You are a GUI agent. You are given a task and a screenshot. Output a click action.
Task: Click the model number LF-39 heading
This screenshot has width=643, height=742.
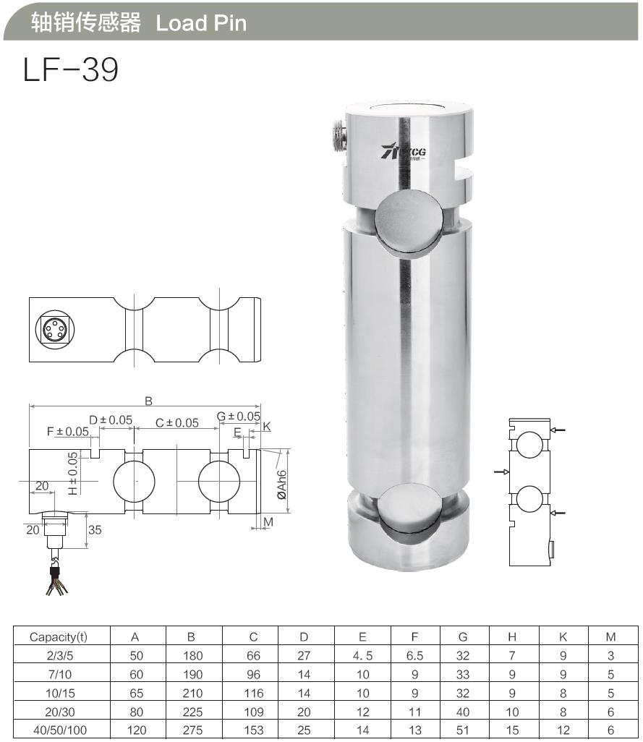click(70, 70)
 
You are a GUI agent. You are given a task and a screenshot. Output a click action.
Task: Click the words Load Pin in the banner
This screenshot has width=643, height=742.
click(201, 23)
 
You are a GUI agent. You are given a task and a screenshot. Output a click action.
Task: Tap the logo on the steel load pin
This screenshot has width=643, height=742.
click(403, 150)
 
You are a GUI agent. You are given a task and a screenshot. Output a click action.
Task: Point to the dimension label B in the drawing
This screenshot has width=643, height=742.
click(148, 400)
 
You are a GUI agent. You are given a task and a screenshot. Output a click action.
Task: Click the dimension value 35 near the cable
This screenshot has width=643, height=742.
click(95, 529)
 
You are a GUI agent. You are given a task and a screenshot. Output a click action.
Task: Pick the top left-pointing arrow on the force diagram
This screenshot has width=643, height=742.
click(557, 430)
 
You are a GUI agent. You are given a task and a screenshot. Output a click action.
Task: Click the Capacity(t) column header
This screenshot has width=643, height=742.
click(58, 637)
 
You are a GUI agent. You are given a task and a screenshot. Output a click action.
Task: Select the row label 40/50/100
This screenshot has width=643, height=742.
click(59, 730)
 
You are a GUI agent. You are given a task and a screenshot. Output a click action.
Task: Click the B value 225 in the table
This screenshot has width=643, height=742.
click(191, 712)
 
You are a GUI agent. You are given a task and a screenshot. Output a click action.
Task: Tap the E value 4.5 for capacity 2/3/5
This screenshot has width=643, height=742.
click(362, 656)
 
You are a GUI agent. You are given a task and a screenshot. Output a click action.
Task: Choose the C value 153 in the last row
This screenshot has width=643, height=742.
click(253, 730)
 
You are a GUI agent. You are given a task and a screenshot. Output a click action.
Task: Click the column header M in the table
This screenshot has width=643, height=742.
click(610, 637)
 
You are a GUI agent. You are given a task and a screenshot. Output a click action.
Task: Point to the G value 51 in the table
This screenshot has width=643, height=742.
click(463, 730)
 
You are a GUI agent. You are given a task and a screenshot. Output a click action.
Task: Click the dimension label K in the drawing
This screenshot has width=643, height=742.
click(266, 427)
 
